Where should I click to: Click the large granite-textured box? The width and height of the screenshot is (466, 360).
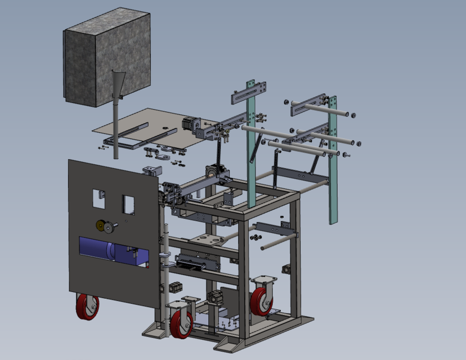107,59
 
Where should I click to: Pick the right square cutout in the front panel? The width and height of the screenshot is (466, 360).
129,204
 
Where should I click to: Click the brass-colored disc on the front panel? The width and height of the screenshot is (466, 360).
101,226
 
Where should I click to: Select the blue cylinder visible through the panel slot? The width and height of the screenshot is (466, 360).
96,247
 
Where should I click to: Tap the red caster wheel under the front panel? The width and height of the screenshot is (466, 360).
87,307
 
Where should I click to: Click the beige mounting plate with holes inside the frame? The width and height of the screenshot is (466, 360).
208,239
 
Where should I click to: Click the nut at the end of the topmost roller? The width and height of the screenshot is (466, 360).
353,115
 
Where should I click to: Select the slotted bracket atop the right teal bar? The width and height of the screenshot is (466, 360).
310,104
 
